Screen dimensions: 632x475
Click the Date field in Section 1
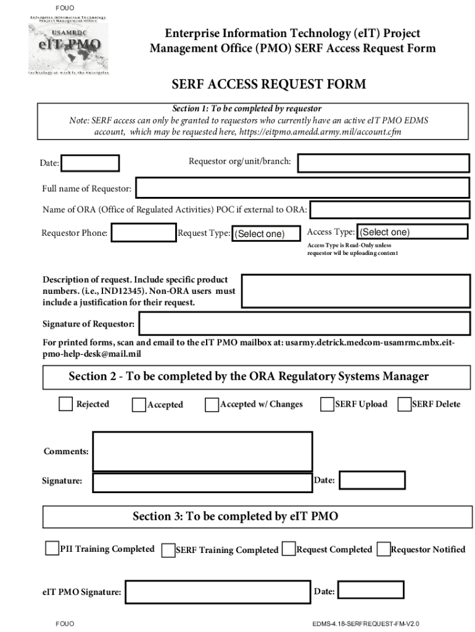[91, 163]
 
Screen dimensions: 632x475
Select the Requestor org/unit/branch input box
[384, 163]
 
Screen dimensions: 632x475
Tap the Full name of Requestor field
[302, 188]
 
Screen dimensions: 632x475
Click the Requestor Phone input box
[144, 233]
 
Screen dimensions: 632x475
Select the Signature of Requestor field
[304, 324]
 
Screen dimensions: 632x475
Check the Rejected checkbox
[65, 404]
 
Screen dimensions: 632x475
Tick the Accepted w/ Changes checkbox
[212, 405]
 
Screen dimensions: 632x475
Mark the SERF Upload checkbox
[327, 404]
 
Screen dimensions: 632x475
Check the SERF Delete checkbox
[404, 404]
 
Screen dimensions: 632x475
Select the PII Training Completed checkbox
[52, 549]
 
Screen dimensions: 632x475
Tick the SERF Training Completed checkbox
[168, 550]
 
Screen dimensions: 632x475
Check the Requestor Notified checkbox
[383, 549]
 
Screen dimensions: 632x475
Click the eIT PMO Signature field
[217, 592]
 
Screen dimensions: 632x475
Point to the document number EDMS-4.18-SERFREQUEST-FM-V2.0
[370, 624]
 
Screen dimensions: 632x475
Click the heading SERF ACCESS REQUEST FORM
[268, 84]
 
